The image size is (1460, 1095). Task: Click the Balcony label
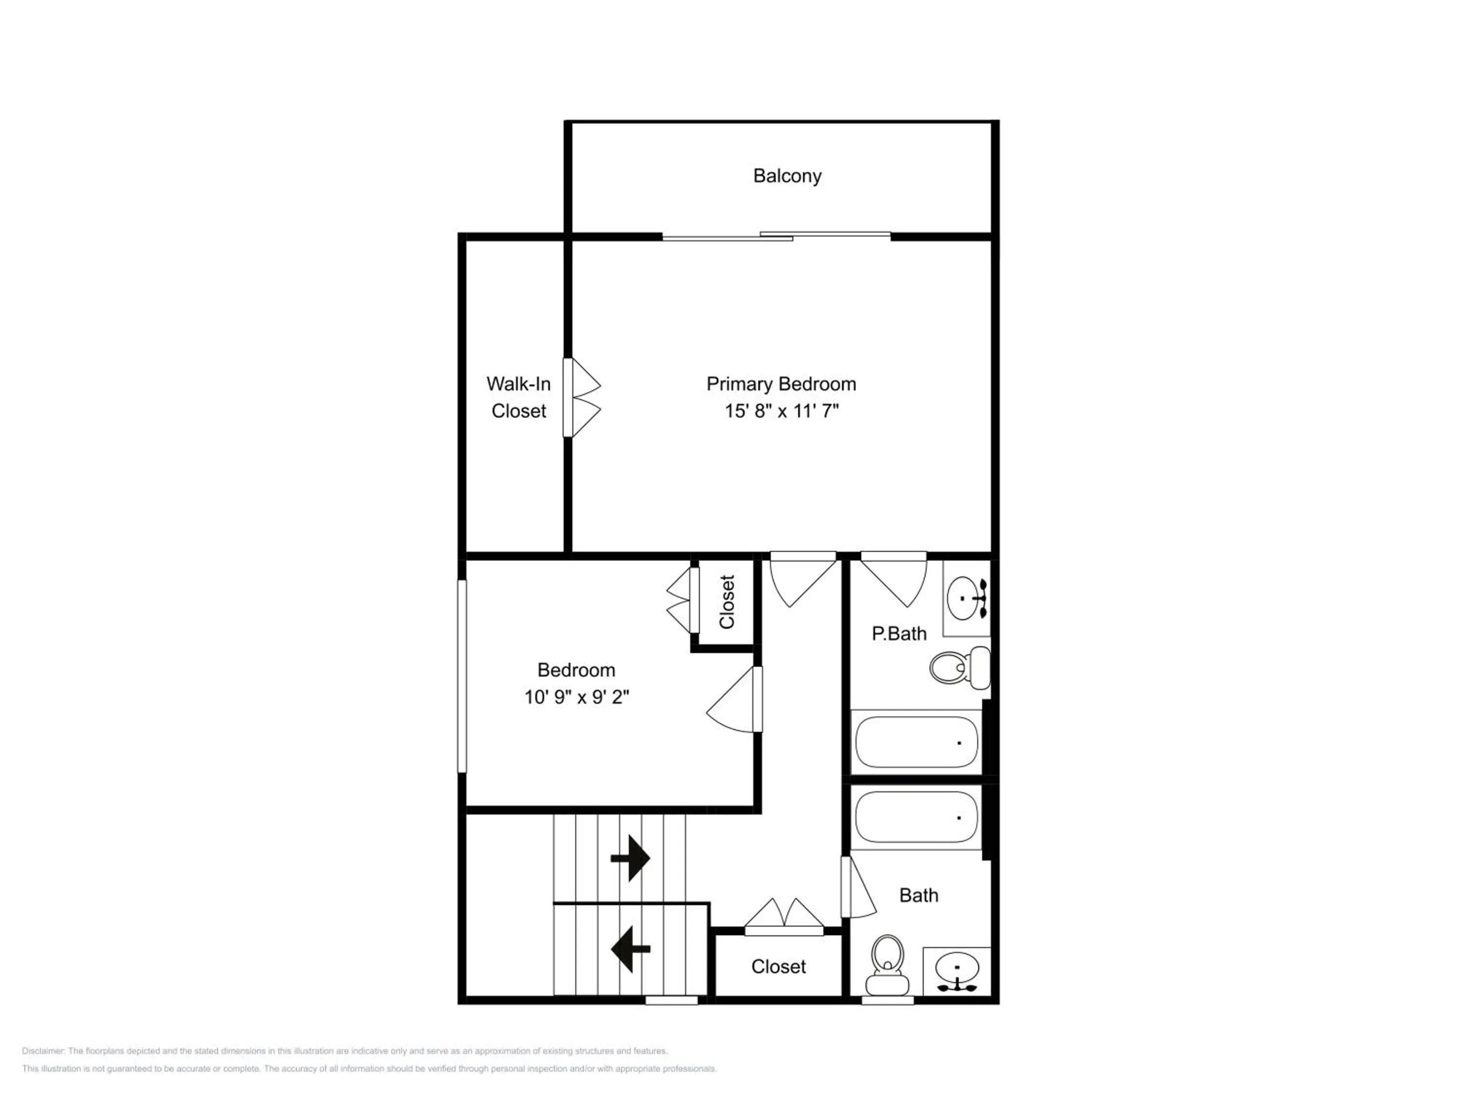[787, 176]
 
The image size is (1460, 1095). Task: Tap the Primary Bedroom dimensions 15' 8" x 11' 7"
[782, 411]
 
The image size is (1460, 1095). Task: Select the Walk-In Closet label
[519, 397]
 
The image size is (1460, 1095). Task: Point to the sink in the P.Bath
[967, 598]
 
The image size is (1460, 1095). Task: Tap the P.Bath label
[899, 634]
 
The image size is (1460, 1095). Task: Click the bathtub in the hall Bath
[916, 818]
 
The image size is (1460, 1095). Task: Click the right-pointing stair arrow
[630, 858]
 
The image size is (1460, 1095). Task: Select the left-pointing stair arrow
[630, 949]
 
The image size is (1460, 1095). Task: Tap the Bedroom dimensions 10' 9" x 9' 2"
[577, 697]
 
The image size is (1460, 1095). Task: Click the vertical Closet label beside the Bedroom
[727, 602]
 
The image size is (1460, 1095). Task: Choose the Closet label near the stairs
[778, 967]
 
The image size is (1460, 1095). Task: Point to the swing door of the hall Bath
[858, 887]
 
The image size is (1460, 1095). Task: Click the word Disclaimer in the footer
[43, 1051]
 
